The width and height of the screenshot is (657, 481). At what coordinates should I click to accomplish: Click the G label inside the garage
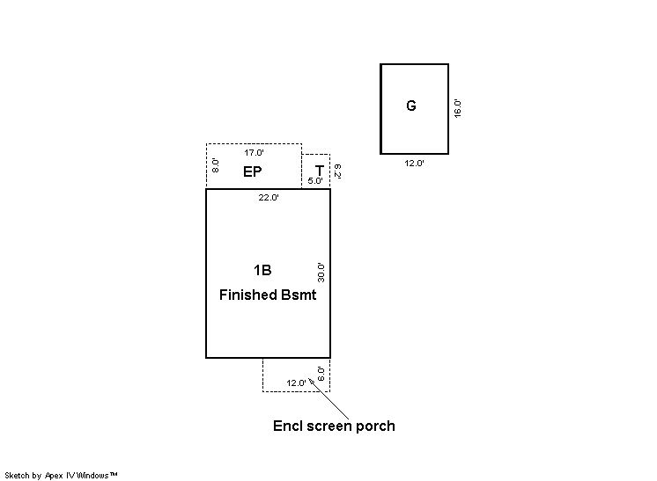pos(411,106)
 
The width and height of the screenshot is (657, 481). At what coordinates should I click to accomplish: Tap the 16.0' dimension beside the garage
pos(458,109)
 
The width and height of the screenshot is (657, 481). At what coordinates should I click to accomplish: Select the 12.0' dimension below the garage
pos(415,164)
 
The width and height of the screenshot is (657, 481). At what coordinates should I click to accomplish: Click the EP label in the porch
pos(252,171)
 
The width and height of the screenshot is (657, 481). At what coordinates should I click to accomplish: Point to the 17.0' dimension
pos(254,153)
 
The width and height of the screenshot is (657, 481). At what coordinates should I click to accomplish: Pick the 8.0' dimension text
pos(216,165)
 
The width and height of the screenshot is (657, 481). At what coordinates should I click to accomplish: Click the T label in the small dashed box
pos(320,171)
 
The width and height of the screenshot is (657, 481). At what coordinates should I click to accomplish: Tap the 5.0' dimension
pos(315,180)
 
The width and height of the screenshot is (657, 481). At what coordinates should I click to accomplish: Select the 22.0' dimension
pos(269,198)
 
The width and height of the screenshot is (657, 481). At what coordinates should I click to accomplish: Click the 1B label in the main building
pos(262,270)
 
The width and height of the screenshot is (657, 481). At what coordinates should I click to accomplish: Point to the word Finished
pos(248,295)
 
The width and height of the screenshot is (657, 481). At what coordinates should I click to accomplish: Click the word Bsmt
pos(299,295)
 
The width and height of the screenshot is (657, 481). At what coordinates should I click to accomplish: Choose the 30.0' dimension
pos(321,273)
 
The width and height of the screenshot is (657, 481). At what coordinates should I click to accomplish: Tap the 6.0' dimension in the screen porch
pos(321,374)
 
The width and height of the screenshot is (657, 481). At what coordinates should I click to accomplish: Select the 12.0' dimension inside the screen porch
pos(296,383)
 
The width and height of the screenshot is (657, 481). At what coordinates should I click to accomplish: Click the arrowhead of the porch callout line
pos(311,380)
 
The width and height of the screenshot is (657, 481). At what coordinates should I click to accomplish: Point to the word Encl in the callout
pos(287,426)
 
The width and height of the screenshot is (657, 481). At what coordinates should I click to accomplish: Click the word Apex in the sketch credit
pos(54,476)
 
